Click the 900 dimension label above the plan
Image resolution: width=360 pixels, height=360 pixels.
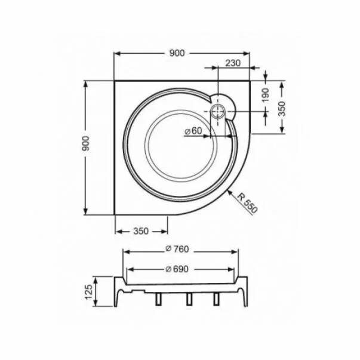pos(177,53)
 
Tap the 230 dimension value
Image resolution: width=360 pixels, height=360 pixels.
pos(233,63)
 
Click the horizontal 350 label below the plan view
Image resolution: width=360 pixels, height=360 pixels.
pos(140,231)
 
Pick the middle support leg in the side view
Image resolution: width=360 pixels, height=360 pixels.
pos(187,299)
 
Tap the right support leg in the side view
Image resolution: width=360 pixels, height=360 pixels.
pos(216,299)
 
